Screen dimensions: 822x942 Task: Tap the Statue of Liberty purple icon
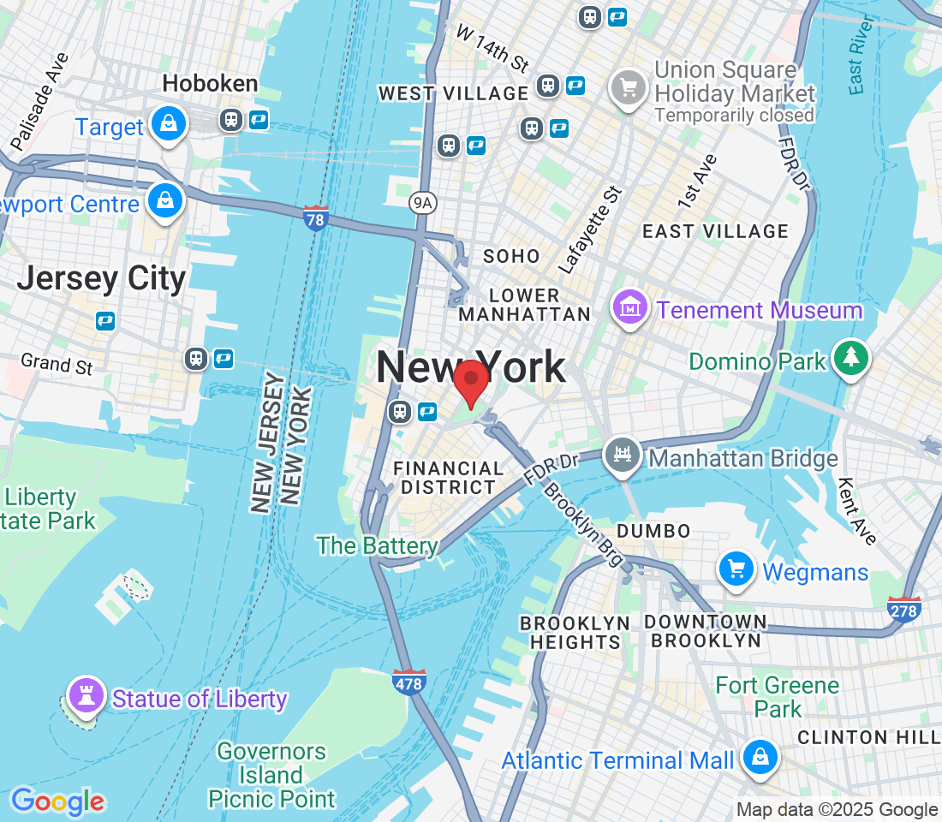tap(86, 694)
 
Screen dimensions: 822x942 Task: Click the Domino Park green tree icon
tap(851, 358)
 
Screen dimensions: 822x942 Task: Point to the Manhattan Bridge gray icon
tap(623, 455)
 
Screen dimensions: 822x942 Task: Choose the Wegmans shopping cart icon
tap(736, 569)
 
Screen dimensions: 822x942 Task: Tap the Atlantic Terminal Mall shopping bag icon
tap(760, 756)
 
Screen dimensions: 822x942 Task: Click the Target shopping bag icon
tap(170, 124)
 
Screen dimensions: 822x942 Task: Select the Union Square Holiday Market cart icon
tap(629, 87)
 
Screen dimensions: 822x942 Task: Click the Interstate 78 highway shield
tap(315, 218)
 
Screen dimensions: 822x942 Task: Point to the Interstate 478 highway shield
tap(409, 682)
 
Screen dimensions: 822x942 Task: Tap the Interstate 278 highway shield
tap(904, 609)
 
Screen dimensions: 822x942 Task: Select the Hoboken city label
tap(210, 84)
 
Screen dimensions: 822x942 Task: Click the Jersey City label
tap(101, 278)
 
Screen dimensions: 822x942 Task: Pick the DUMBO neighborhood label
tap(653, 531)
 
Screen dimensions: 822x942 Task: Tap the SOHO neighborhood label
tap(511, 256)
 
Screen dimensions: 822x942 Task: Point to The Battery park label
tap(377, 545)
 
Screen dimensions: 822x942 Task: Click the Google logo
tap(57, 801)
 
